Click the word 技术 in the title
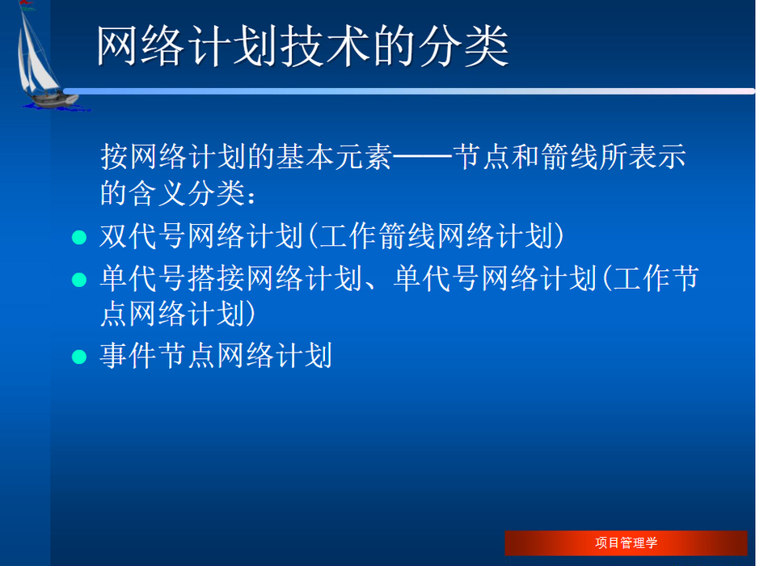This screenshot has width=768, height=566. click(x=327, y=47)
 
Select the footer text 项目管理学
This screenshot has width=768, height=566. click(x=626, y=543)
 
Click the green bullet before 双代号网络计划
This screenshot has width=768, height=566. click(x=79, y=238)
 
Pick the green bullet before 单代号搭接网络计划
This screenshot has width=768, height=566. click(x=79, y=280)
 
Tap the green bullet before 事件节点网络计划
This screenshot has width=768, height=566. click(x=79, y=357)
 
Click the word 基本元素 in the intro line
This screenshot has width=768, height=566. click(x=334, y=157)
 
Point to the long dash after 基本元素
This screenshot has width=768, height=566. click(x=422, y=157)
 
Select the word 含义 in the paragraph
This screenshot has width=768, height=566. click(x=158, y=193)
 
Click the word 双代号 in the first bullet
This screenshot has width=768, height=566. click(x=143, y=236)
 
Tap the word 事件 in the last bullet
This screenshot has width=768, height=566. click(x=129, y=355)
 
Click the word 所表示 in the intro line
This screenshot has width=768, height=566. click(x=643, y=157)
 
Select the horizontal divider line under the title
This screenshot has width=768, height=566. click(x=409, y=91)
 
